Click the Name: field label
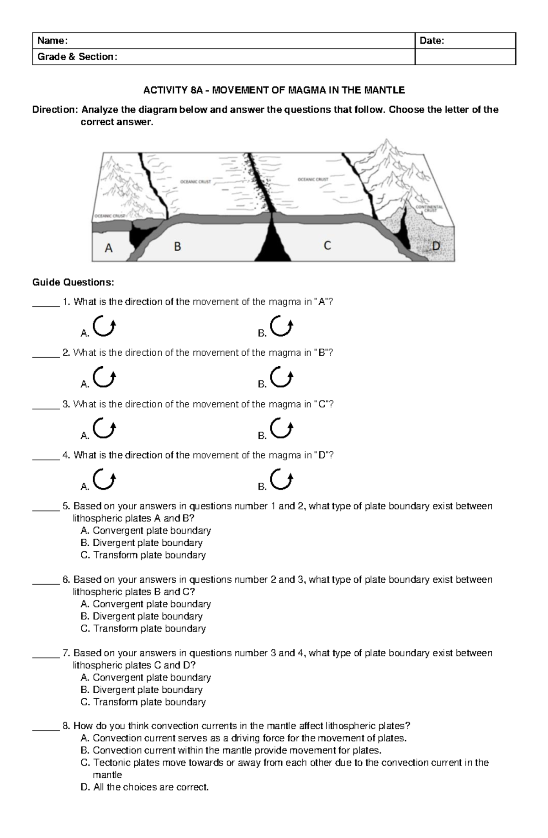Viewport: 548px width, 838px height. pos(53,41)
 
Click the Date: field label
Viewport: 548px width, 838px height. pos(432,41)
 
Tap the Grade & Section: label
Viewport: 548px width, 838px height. pos(77,57)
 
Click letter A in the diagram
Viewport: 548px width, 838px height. pos(109,248)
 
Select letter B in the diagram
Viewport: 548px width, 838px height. pos(178,247)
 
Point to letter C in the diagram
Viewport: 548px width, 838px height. pos(327,246)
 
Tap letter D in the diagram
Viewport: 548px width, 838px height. pos(436,247)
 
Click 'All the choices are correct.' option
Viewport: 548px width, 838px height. pos(150,787)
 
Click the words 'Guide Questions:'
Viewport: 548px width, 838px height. pos(73,283)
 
